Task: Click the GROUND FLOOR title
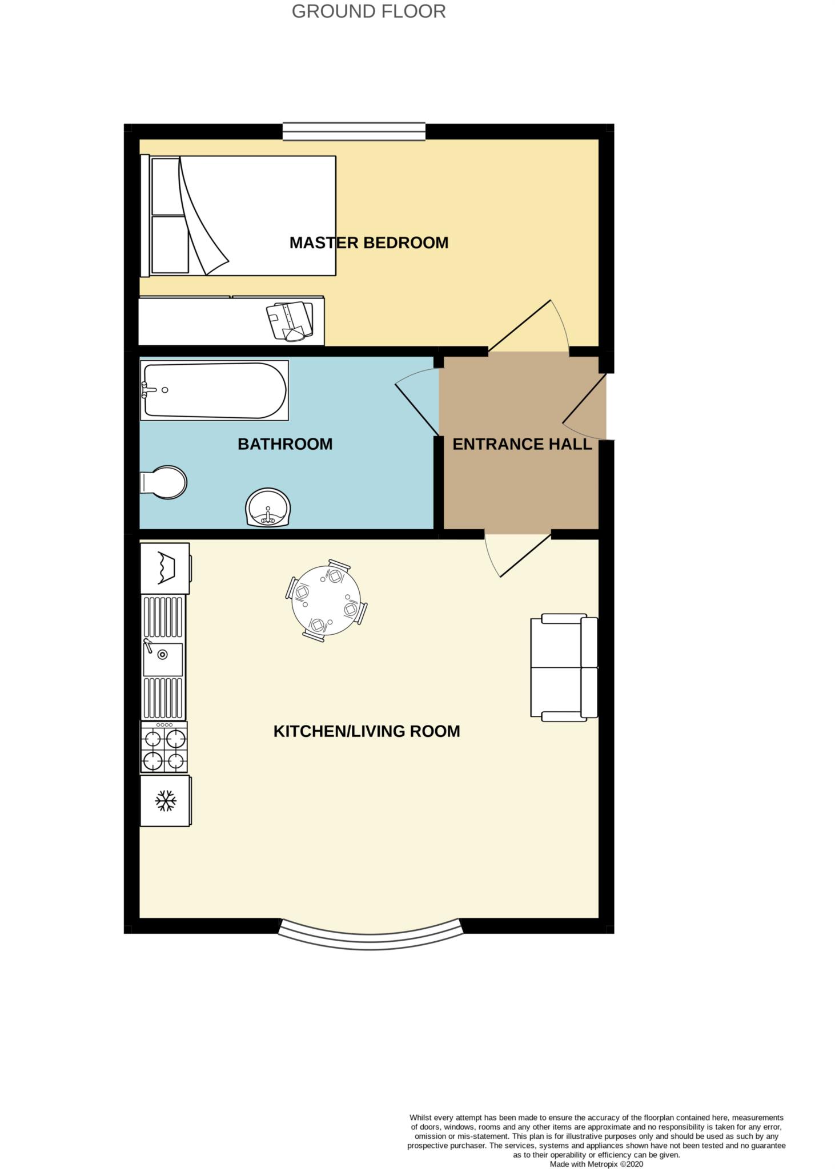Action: [368, 11]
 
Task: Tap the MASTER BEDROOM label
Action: [368, 243]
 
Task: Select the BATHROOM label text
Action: [285, 444]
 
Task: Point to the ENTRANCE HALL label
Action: [521, 444]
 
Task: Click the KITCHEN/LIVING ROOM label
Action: [367, 731]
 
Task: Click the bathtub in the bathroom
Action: [214, 390]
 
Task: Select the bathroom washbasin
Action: [268, 507]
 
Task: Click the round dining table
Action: [326, 600]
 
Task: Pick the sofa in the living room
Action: [563, 667]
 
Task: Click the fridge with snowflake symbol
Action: [166, 801]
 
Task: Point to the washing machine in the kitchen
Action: [165, 569]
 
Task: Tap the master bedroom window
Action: [354, 131]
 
